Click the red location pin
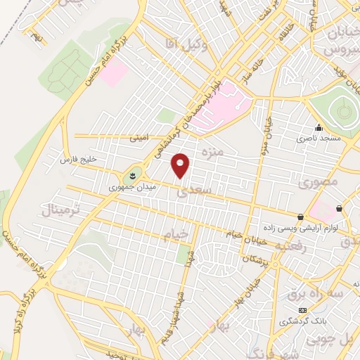point(181,166)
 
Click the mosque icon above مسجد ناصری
point(319,128)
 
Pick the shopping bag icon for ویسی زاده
point(300,217)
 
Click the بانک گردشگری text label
point(302,321)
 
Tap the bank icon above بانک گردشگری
point(302,310)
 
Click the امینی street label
point(138,139)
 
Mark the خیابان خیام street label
point(243,234)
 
